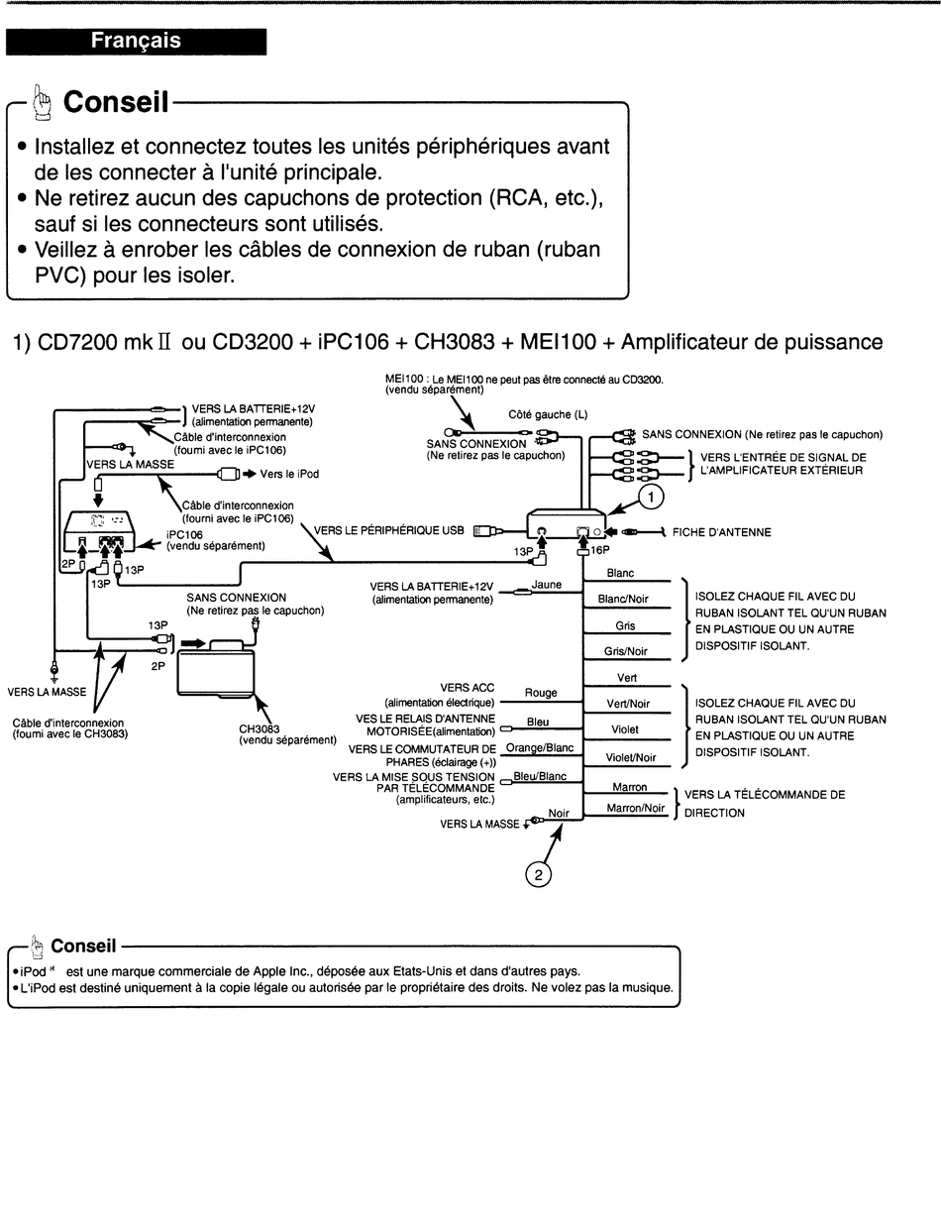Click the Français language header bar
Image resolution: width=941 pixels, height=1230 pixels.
[136, 42]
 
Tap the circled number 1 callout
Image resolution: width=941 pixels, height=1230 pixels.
[651, 497]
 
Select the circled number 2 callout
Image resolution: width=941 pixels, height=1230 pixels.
[538, 875]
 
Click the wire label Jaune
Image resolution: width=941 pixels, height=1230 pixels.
[547, 585]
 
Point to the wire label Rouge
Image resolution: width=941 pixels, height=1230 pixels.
[541, 693]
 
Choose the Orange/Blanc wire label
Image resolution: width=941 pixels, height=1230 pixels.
[540, 747]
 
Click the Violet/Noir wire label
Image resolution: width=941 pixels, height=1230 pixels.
[631, 757]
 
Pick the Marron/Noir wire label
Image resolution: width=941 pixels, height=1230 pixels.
[636, 808]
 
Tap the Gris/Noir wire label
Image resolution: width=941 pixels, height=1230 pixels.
[625, 651]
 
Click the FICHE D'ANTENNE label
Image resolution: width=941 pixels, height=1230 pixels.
[721, 532]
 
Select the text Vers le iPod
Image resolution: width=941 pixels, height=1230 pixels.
[289, 474]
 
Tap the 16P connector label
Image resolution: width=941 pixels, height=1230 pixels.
[600, 550]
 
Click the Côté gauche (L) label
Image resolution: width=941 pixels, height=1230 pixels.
[548, 415]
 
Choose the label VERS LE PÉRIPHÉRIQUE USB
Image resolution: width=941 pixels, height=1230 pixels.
[388, 530]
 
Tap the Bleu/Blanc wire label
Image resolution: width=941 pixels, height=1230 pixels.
[540, 776]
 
